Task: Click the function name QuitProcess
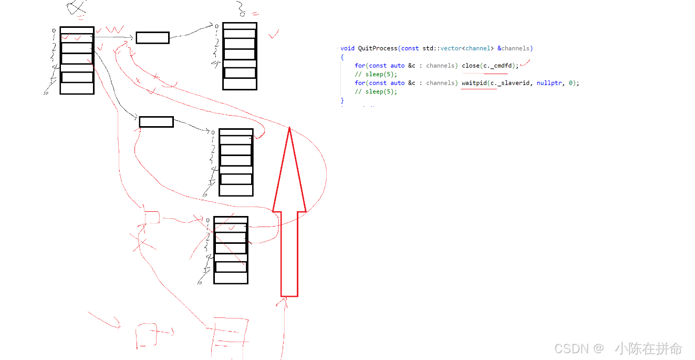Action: [377, 48]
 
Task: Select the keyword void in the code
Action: [347, 48]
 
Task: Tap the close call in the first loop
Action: [471, 66]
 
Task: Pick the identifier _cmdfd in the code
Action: [503, 66]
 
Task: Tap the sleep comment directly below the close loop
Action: [376, 75]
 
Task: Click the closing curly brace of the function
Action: [342, 100]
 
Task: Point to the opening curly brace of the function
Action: [342, 57]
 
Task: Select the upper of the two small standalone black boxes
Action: [152, 38]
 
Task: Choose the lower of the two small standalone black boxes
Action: [156, 122]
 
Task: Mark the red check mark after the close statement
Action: [525, 64]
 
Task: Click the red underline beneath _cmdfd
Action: [495, 73]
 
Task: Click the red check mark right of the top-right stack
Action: [274, 34]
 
